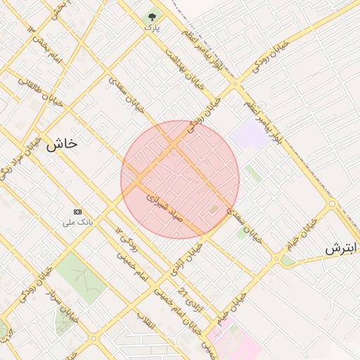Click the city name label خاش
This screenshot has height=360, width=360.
(62, 144)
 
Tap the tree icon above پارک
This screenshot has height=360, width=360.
(152, 15)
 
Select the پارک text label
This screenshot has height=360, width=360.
(152, 27)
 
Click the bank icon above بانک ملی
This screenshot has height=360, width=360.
(77, 212)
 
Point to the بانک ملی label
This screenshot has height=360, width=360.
(77, 223)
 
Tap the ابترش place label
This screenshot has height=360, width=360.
(342, 249)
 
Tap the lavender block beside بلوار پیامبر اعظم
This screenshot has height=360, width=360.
(250, 134)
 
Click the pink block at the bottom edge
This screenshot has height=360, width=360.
(235, 342)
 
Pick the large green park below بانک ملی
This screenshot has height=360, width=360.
(80, 278)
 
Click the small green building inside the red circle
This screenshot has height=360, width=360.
(214, 209)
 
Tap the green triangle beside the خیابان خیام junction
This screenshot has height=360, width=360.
(287, 260)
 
